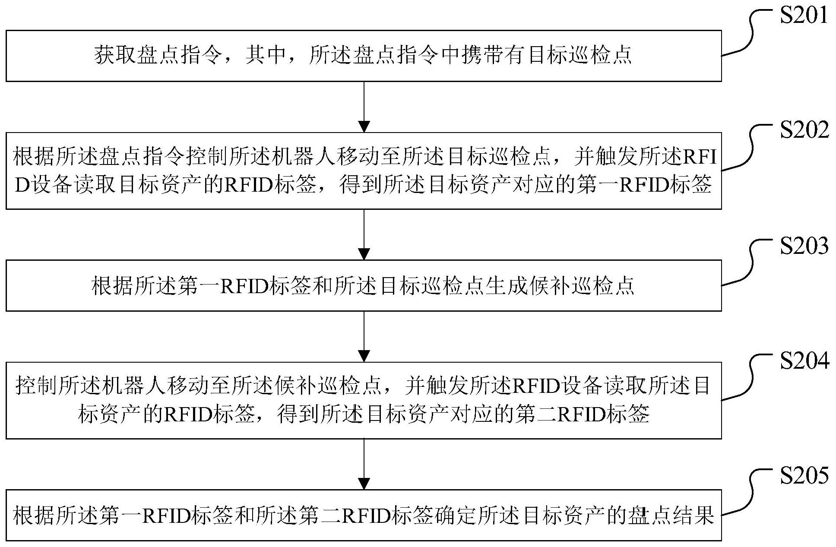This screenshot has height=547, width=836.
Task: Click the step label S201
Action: (x=804, y=16)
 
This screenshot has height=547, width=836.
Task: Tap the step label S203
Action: (x=804, y=246)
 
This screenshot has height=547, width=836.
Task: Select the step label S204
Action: (x=804, y=361)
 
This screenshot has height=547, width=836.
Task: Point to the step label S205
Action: (x=804, y=475)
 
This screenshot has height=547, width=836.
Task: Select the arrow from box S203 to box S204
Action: (x=364, y=336)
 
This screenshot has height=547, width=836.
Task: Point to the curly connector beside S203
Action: (x=748, y=263)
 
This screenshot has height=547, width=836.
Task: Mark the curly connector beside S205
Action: (x=748, y=493)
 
